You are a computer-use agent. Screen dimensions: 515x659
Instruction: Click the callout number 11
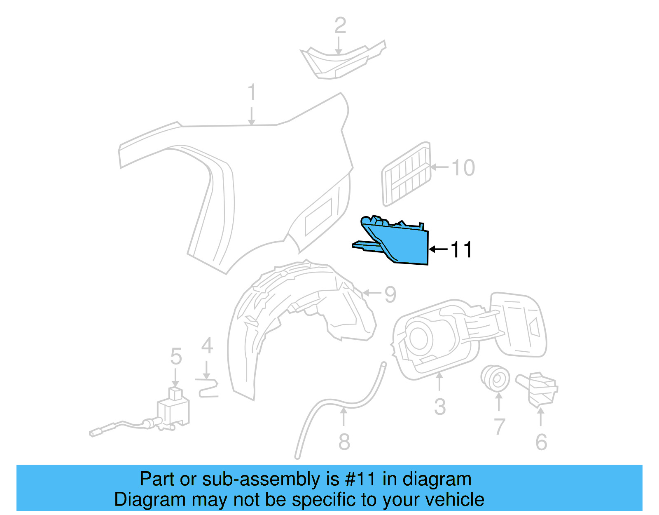pyautogui.click(x=461, y=249)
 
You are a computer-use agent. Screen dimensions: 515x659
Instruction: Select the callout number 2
pyautogui.click(x=340, y=26)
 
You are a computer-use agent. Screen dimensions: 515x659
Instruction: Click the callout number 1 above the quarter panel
pyautogui.click(x=252, y=92)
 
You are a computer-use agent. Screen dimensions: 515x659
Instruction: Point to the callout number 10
pyautogui.click(x=463, y=168)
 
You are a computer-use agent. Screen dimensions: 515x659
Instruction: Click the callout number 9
pyautogui.click(x=390, y=294)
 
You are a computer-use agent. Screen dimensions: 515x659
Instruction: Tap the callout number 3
pyautogui.click(x=440, y=407)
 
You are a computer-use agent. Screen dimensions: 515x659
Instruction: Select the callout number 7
pyautogui.click(x=499, y=426)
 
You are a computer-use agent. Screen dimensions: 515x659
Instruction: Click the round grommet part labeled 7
pyautogui.click(x=495, y=377)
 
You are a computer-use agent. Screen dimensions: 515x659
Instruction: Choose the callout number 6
pyautogui.click(x=541, y=442)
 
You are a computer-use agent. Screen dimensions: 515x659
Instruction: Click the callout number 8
pyautogui.click(x=344, y=442)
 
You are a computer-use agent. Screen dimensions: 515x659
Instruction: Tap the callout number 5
pyautogui.click(x=176, y=356)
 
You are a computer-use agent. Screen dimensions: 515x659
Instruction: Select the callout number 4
pyautogui.click(x=207, y=346)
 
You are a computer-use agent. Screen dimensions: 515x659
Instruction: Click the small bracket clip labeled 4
pyautogui.click(x=208, y=389)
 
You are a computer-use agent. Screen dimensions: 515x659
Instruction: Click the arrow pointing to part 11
pyautogui.click(x=438, y=249)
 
